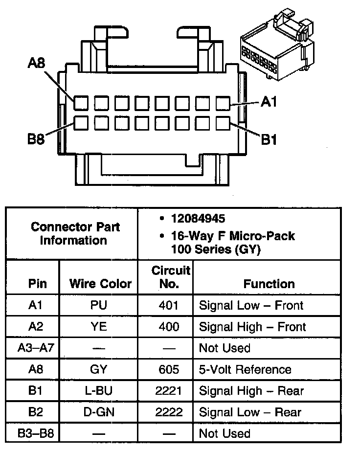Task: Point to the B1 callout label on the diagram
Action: point(269,140)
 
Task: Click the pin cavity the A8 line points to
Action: point(81,103)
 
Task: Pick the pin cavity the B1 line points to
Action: point(223,122)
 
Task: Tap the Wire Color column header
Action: point(100,284)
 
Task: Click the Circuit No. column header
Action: point(171,277)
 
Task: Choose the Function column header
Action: point(269,284)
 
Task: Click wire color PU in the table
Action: point(99,306)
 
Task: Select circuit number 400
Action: point(169,327)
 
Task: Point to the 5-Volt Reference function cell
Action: point(245,369)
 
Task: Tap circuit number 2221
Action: point(169,391)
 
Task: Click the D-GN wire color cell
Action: point(99,412)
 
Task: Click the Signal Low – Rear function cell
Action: point(250,412)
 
